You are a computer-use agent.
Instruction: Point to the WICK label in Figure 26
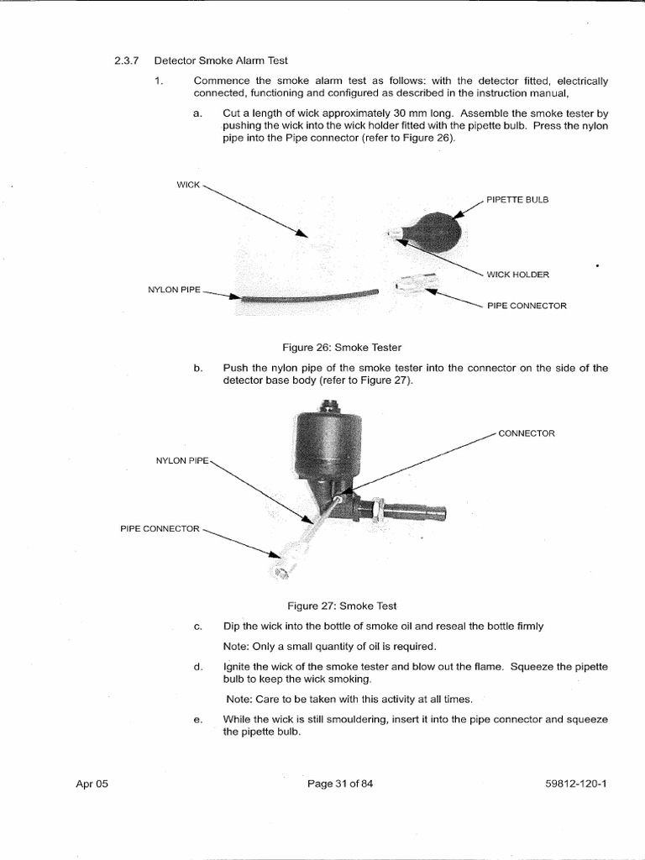[x=188, y=184]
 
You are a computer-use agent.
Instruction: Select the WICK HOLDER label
[x=518, y=275]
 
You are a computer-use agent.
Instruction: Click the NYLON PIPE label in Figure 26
[x=175, y=290]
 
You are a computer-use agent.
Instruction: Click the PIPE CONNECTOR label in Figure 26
[x=527, y=306]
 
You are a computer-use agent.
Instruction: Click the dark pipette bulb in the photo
[x=435, y=232]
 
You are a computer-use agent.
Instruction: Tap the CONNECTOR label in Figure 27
[x=527, y=433]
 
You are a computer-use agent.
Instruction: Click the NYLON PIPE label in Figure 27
[x=182, y=460]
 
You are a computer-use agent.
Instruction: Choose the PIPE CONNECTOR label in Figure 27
[x=160, y=528]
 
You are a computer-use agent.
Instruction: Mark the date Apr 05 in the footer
[x=92, y=784]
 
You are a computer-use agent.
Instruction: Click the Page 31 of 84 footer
[x=339, y=784]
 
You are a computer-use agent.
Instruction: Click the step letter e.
[x=197, y=719]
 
